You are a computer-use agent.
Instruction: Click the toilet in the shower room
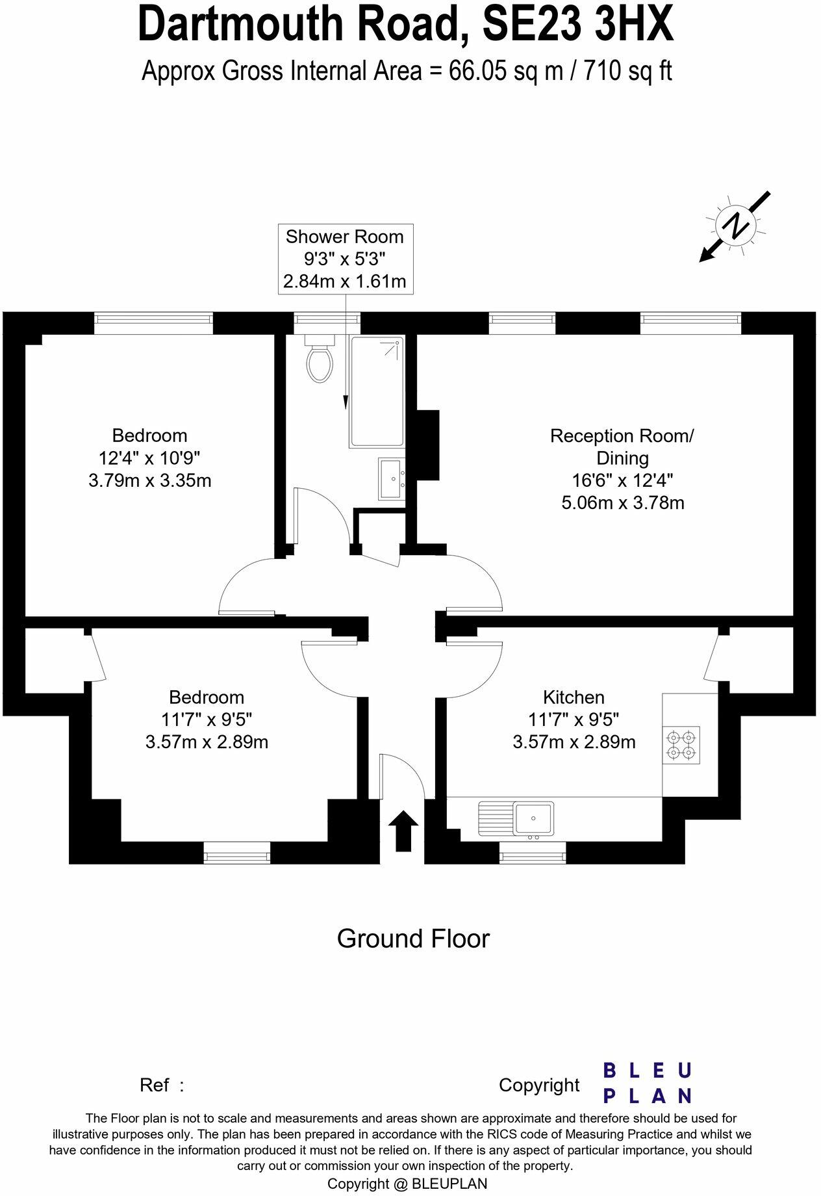click(x=319, y=361)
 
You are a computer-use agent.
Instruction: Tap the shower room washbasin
click(x=392, y=479)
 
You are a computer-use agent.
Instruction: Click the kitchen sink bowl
click(x=533, y=818)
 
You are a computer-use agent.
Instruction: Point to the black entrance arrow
click(x=403, y=830)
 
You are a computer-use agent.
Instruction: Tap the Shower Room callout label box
click(x=345, y=259)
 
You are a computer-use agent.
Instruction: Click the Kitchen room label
click(x=574, y=697)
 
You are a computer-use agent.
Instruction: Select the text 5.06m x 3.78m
click(x=622, y=502)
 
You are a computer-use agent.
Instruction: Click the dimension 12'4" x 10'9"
click(x=149, y=458)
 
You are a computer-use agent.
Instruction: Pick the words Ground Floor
click(x=412, y=939)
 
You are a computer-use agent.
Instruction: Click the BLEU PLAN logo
click(x=648, y=1083)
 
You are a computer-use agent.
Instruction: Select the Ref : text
click(x=162, y=1085)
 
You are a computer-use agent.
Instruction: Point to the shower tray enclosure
click(x=377, y=391)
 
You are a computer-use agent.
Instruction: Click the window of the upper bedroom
click(x=153, y=322)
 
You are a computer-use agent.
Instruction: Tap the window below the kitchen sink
click(x=533, y=852)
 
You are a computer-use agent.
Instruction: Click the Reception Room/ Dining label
click(x=622, y=447)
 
